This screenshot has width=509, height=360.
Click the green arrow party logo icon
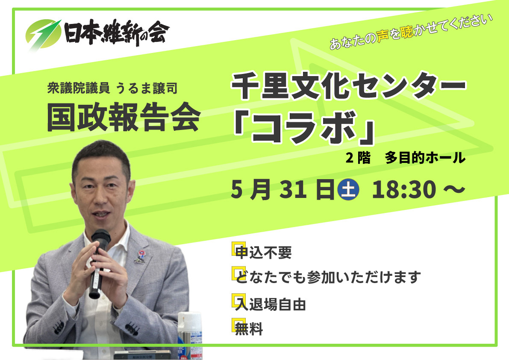pyautogui.click(x=43, y=34)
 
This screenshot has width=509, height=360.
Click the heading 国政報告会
pyautogui.click(x=124, y=117)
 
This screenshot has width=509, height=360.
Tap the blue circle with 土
pyautogui.click(x=348, y=189)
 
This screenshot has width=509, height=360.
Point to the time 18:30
pyautogui.click(x=404, y=189)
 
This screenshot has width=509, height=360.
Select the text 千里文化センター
pyautogui.click(x=348, y=86)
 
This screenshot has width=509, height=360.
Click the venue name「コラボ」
pyautogui.click(x=304, y=127)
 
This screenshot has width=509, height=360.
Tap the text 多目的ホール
pyautogui.click(x=425, y=158)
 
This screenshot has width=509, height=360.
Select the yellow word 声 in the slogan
pyautogui.click(x=383, y=36)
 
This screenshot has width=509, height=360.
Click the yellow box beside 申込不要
pyautogui.click(x=238, y=249)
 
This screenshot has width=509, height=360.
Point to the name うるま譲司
pyautogui.click(x=147, y=89)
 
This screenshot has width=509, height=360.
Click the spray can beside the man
pyautogui.click(x=190, y=334)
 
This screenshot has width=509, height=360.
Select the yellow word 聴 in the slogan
pyautogui.click(x=407, y=31)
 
